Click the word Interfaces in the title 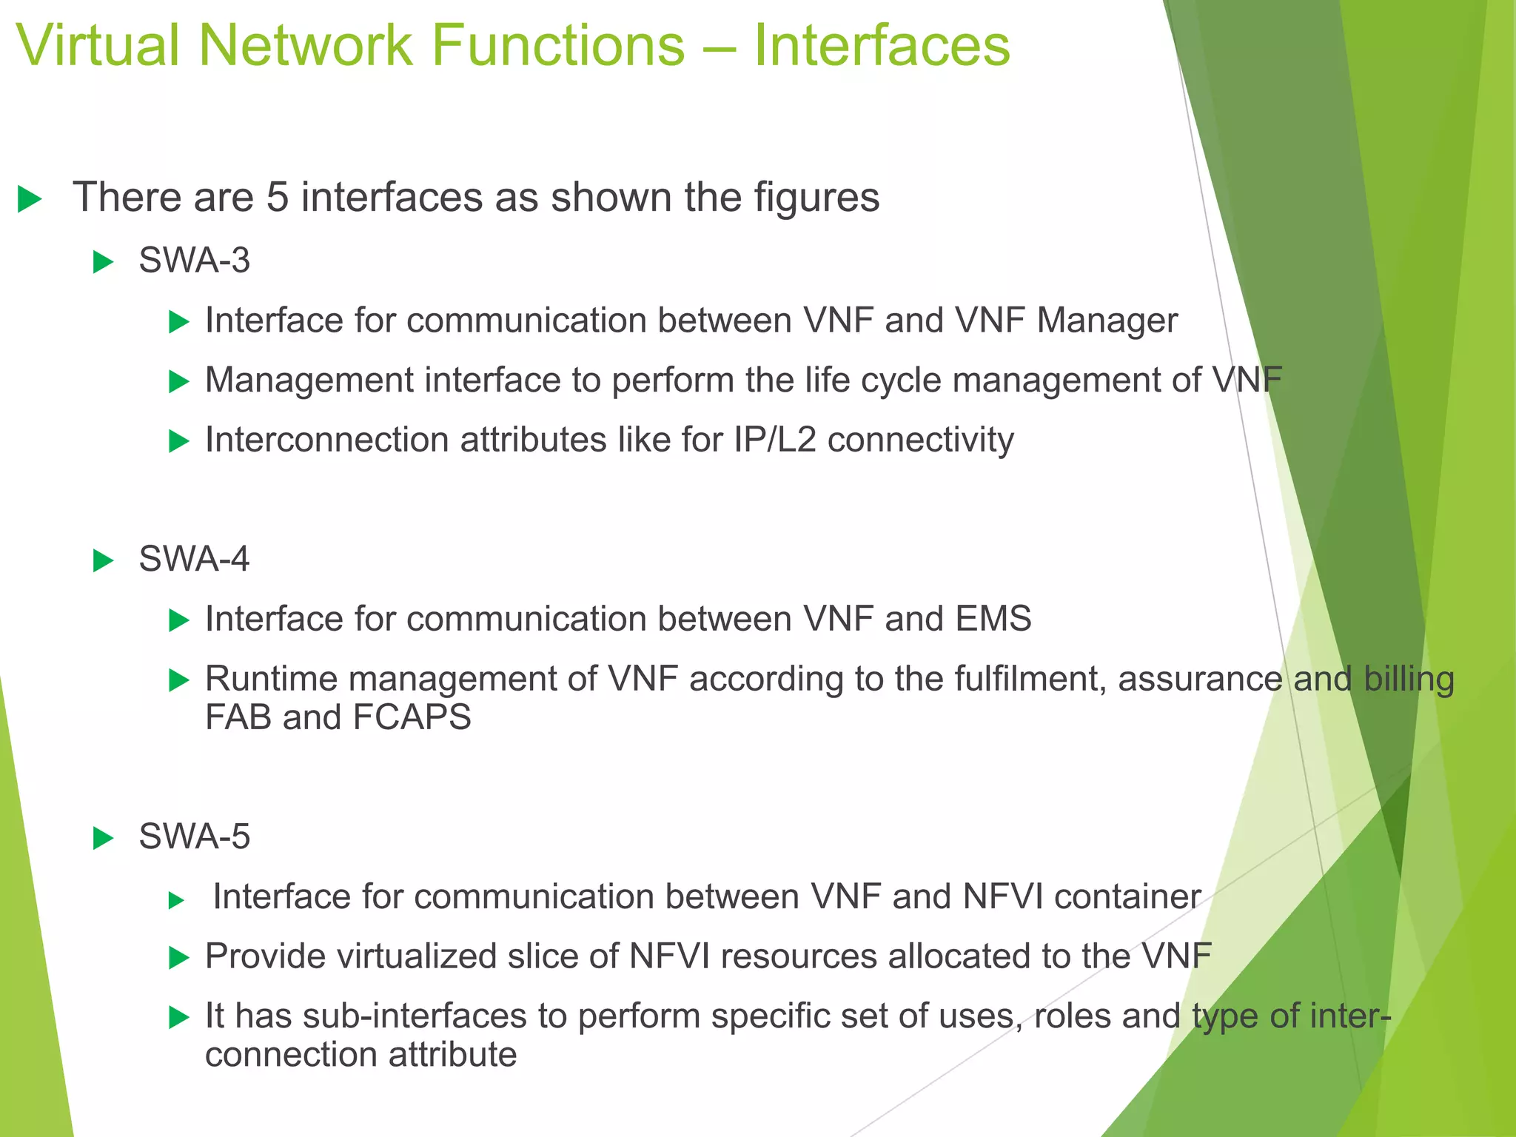(x=881, y=46)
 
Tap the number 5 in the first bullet (x=277, y=198)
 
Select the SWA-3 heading (x=194, y=261)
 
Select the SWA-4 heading (x=194, y=559)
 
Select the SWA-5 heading (x=194, y=837)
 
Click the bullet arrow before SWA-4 (x=103, y=561)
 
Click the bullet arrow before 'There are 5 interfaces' (x=29, y=199)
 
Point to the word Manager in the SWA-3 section (x=1107, y=321)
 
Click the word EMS (x=993, y=619)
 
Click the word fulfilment (x=1030, y=679)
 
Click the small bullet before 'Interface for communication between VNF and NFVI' (x=175, y=901)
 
